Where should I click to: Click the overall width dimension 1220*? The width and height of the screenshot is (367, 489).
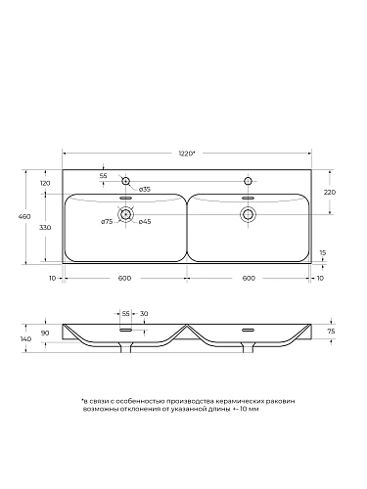[x=185, y=153]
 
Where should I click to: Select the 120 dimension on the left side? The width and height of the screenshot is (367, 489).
[x=45, y=184]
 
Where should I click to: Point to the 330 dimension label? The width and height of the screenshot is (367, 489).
[x=45, y=227]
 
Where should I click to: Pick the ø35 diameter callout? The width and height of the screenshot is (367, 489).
[x=143, y=188]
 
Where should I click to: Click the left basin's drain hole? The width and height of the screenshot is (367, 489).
[x=124, y=214]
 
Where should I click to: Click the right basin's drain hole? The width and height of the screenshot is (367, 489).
[x=248, y=214]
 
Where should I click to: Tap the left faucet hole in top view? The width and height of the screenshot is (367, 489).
[x=124, y=182]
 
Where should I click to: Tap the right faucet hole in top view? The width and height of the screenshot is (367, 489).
[x=248, y=182]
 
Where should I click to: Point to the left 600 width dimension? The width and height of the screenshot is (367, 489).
[x=124, y=278]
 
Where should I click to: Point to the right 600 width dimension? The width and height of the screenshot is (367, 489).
[x=248, y=278]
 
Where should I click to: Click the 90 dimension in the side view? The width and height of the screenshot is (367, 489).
[x=46, y=333]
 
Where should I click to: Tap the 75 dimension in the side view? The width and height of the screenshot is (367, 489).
[x=332, y=331]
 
